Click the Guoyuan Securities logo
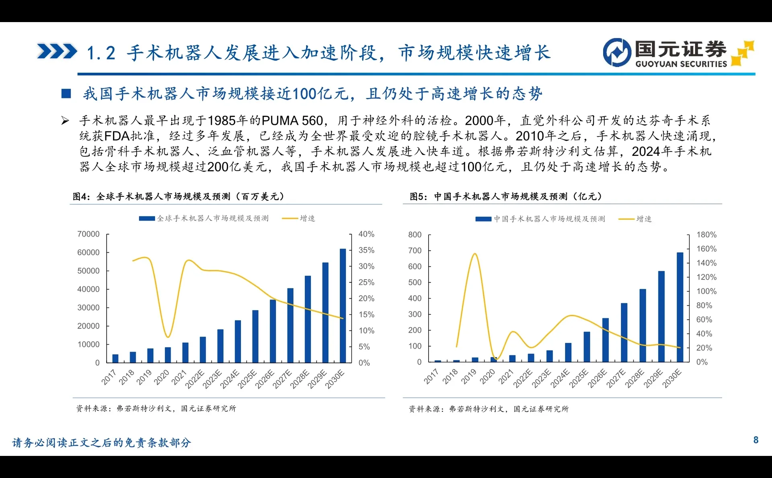[678, 53]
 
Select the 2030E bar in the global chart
[343, 305]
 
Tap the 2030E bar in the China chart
[680, 307]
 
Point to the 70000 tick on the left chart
[88, 234]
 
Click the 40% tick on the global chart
[366, 234]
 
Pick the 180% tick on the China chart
[706, 235]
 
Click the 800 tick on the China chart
[415, 235]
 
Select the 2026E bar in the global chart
[273, 331]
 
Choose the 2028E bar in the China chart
[643, 325]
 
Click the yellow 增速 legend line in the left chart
[290, 219]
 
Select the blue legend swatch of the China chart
[483, 219]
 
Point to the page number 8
[756, 440]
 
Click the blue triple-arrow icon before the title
[57, 51]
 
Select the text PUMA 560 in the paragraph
[292, 121]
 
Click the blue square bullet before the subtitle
[66, 94]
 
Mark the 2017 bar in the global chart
[115, 358]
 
